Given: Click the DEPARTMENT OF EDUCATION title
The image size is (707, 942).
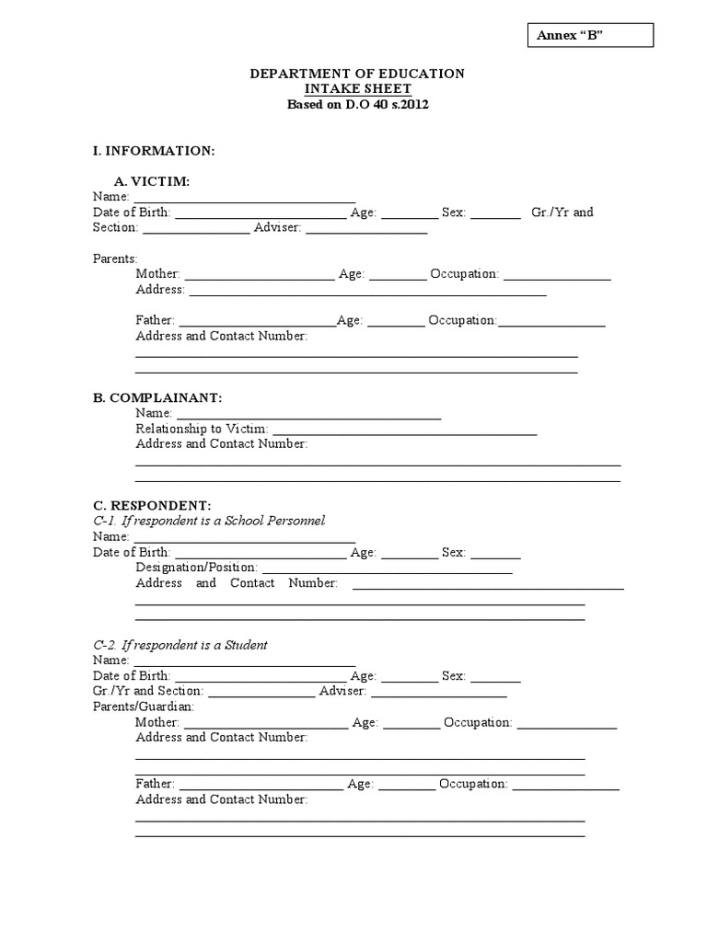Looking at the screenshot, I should (x=357, y=74).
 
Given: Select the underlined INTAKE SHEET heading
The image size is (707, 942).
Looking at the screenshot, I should (x=357, y=89).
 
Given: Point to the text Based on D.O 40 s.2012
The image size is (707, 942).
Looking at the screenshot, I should (x=357, y=104).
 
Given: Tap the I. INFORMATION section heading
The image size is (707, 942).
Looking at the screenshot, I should (x=154, y=150).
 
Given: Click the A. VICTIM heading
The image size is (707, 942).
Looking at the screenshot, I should (x=152, y=182).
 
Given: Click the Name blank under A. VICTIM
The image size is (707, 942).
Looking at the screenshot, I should (x=245, y=199).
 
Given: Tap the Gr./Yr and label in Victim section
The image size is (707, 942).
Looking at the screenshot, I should (x=562, y=213).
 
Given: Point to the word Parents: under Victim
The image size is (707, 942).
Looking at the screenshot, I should (x=115, y=258).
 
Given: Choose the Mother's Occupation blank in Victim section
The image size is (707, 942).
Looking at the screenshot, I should (x=557, y=276).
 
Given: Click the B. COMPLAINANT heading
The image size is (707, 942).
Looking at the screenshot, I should (x=157, y=397).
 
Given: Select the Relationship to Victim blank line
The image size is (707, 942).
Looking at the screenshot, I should (x=404, y=431).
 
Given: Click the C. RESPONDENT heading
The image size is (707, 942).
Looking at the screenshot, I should (x=152, y=505).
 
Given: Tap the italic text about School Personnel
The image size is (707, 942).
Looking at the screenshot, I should (x=210, y=521).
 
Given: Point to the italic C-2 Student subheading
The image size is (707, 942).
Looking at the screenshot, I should (x=180, y=645).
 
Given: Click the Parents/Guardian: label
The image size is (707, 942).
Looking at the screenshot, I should (x=144, y=706).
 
